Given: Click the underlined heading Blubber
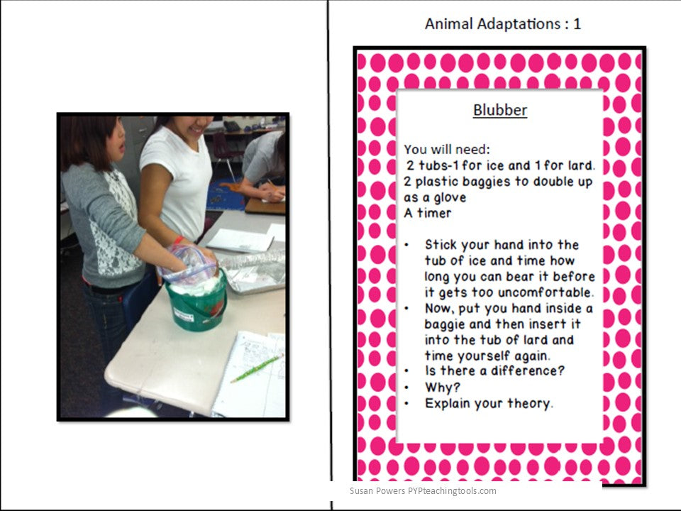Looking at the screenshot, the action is [x=500, y=110].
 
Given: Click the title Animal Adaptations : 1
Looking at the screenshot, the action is [x=502, y=23].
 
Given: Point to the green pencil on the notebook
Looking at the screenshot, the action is [x=257, y=368].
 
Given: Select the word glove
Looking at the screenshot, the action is [x=449, y=197].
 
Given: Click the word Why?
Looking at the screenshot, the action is [x=442, y=388].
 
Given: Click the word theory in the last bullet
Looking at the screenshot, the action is [x=531, y=404].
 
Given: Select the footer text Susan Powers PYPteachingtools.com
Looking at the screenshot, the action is [x=423, y=491].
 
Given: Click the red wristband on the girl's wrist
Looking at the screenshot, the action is [x=179, y=240].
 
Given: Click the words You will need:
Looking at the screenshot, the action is [x=447, y=150].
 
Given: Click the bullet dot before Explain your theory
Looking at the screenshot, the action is [x=406, y=404].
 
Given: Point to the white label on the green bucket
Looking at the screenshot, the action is [x=184, y=314].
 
